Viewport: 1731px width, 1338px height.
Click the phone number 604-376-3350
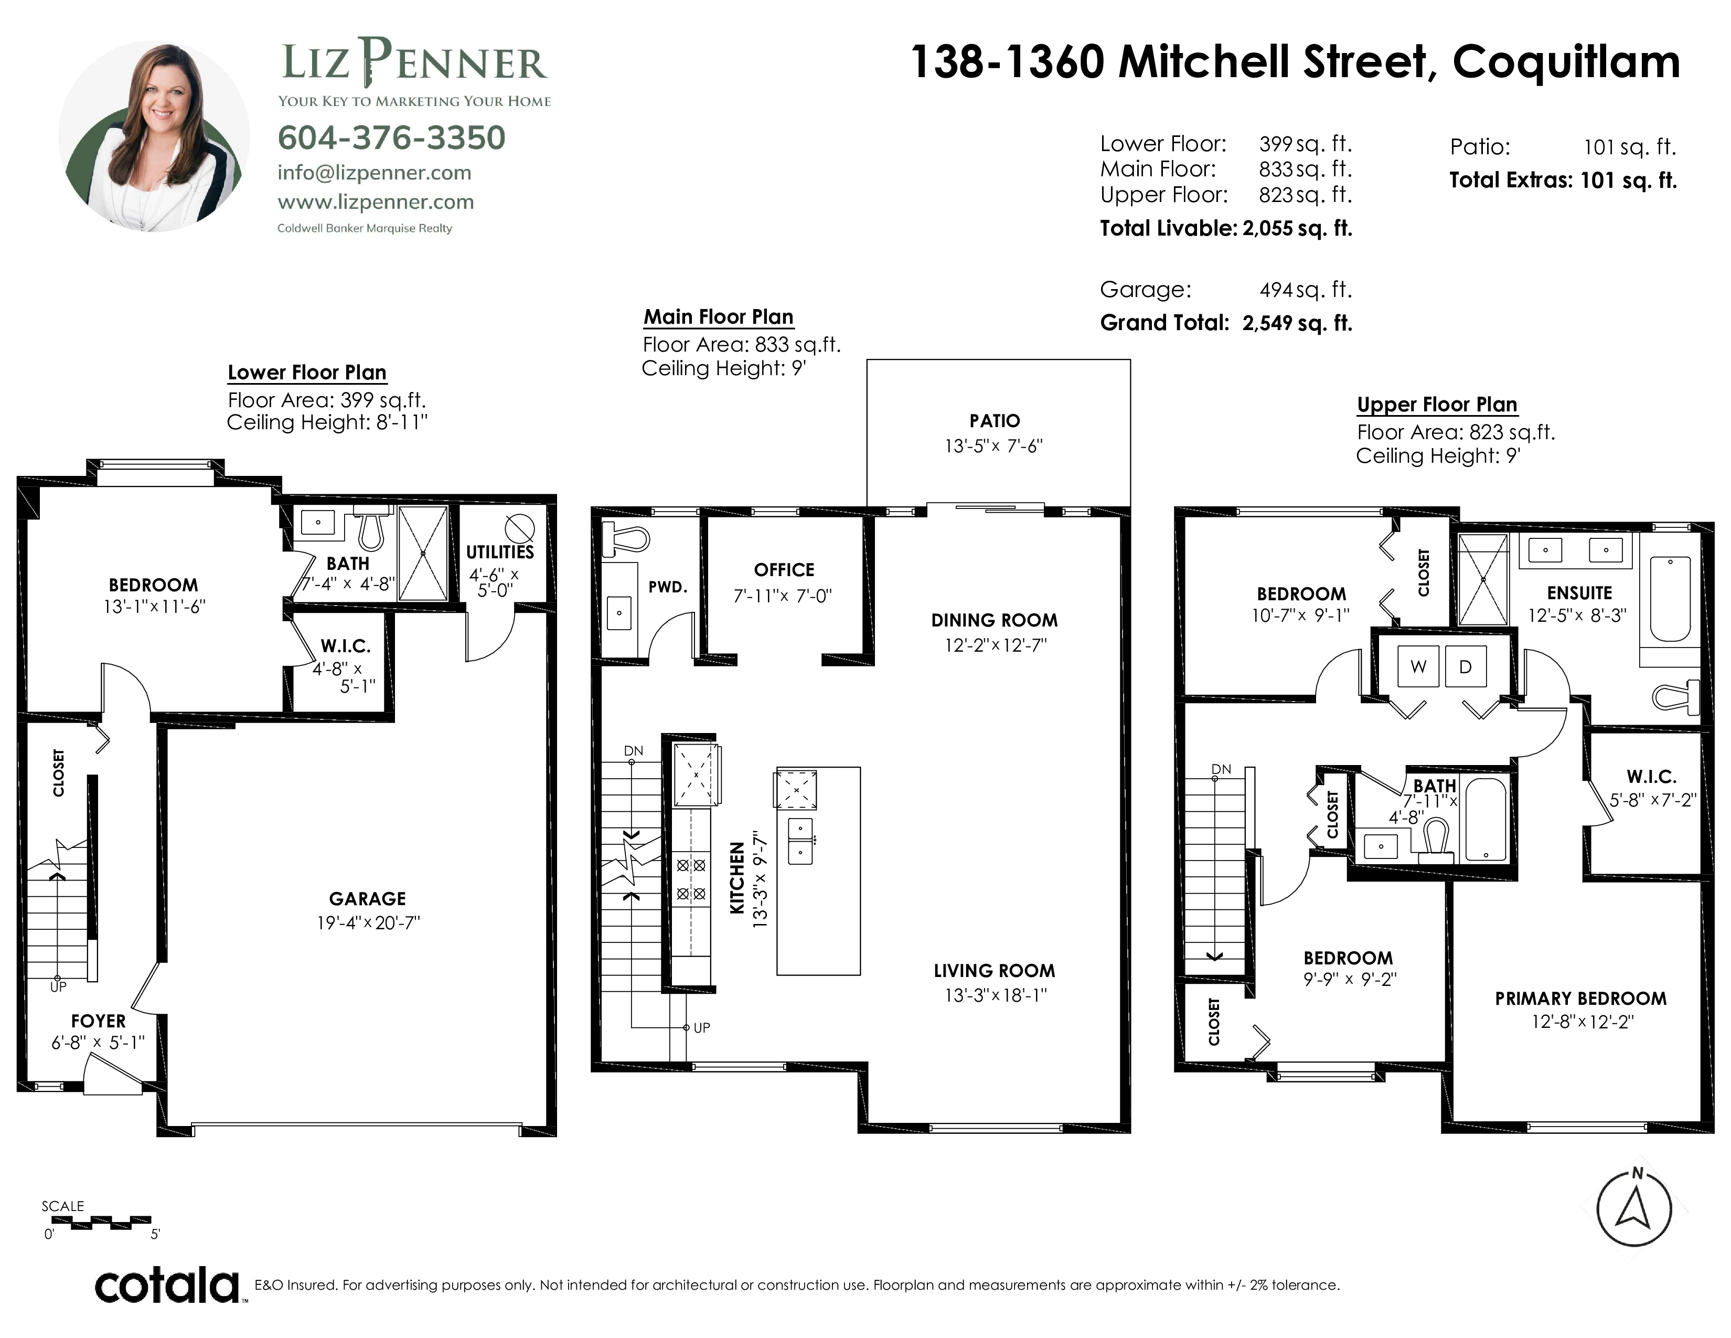click(x=391, y=138)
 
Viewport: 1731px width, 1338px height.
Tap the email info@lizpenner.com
click(x=374, y=173)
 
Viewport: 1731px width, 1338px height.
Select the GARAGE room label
click(x=368, y=898)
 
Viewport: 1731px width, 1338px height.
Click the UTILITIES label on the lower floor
click(x=500, y=551)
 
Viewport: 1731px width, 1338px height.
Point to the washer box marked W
click(x=1418, y=666)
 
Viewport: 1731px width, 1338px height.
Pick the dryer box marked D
click(x=1466, y=666)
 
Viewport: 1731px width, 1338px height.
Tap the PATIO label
click(x=995, y=421)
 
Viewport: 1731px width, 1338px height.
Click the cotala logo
click(x=167, y=1285)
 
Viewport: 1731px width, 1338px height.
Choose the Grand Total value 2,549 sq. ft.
click(x=1297, y=323)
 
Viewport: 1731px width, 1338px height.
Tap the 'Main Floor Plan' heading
click(x=718, y=317)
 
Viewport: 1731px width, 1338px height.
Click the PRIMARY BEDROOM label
click(x=1580, y=999)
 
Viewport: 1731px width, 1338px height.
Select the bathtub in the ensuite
click(x=1670, y=599)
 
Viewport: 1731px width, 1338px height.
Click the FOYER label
click(x=98, y=1021)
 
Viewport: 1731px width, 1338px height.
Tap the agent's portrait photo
click(x=155, y=136)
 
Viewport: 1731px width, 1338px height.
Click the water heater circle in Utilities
click(x=519, y=527)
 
